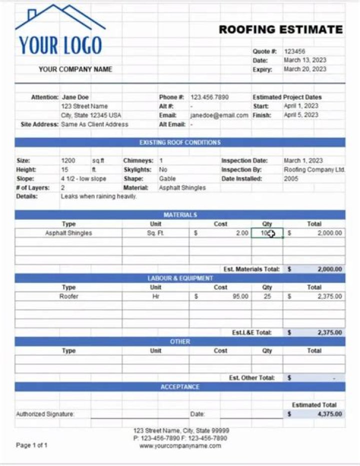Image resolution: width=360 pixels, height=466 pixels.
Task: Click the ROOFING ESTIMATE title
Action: pos(280,30)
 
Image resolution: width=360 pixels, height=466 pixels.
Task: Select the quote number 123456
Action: pos(294,52)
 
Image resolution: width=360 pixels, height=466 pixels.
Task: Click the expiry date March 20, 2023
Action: pos(305,70)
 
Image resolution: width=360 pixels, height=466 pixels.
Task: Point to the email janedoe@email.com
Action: pos(219,115)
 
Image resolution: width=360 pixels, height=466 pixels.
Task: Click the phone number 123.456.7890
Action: pos(209,97)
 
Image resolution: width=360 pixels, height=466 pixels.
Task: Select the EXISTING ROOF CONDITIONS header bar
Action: pos(180,143)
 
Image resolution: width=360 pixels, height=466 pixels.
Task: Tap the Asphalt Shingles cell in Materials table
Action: pos(68,233)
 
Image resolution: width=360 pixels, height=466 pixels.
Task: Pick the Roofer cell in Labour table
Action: pos(68,296)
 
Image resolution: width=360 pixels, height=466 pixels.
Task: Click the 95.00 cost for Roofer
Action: pos(240,296)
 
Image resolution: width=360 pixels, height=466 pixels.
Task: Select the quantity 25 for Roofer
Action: pos(267,296)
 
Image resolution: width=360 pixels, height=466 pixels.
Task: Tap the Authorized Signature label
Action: pos(45,414)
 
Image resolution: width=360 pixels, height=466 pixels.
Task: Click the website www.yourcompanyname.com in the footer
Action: pos(180,446)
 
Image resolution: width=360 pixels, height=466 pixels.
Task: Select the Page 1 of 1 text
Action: pos(31,445)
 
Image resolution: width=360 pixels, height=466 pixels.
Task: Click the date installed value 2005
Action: pos(291,179)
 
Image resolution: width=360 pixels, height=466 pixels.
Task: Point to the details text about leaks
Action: pos(98,197)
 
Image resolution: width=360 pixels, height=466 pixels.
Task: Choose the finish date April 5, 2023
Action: pos(301,115)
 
